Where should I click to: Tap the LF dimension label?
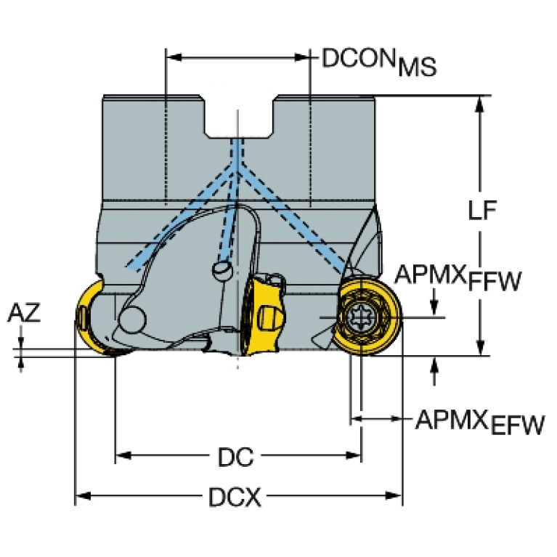pyautogui.click(x=482, y=211)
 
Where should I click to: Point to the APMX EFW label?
pyautogui.click(x=479, y=421)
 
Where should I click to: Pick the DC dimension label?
pyautogui.click(x=235, y=458)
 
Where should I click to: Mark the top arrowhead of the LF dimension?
pyautogui.click(x=479, y=102)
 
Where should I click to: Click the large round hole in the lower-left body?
pyautogui.click(x=133, y=318)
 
